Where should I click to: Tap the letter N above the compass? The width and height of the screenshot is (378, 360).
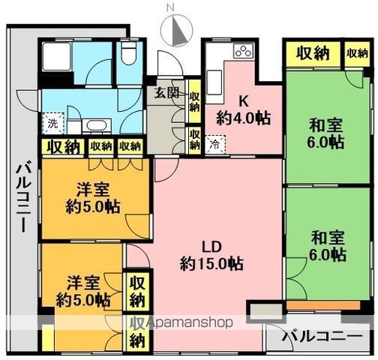(170, 8)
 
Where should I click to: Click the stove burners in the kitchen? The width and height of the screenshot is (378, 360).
(243, 51)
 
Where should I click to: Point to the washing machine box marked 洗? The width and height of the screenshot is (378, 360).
(52, 122)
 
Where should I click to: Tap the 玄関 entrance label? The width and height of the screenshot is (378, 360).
(166, 93)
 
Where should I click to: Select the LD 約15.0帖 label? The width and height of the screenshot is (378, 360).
(211, 255)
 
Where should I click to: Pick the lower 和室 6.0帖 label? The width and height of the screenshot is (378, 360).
(328, 247)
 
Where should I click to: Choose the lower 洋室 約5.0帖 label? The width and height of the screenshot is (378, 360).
(83, 292)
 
